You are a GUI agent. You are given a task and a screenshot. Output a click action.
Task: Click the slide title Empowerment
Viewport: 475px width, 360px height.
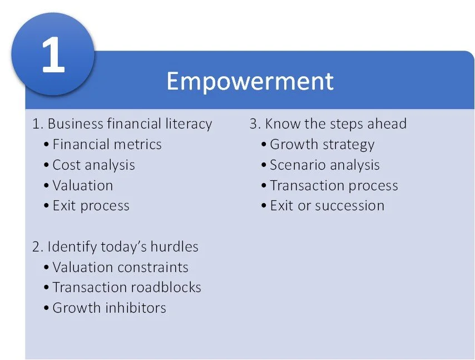click(x=250, y=81)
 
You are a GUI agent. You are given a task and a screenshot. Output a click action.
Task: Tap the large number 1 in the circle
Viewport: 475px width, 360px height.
click(x=53, y=55)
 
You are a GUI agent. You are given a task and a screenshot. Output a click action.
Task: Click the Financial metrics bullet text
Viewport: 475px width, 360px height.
click(x=107, y=144)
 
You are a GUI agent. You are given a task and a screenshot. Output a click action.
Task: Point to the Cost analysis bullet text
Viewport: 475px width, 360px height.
click(x=93, y=165)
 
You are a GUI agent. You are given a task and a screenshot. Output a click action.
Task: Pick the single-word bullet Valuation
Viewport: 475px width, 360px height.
click(x=83, y=185)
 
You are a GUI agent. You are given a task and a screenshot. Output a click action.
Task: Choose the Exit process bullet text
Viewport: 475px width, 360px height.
click(x=91, y=206)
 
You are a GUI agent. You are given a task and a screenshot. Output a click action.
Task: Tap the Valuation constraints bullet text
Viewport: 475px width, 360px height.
click(x=120, y=267)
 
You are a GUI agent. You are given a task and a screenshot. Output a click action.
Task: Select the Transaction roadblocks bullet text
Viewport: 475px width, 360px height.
click(x=127, y=288)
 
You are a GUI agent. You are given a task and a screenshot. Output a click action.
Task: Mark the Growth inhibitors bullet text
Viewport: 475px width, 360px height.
click(x=109, y=308)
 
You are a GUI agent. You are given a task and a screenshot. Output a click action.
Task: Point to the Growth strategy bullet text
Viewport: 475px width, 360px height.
click(x=322, y=145)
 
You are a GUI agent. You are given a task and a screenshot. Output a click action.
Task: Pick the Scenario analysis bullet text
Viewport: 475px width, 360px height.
click(x=325, y=165)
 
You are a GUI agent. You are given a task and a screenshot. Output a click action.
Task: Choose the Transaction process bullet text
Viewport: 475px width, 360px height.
click(x=334, y=186)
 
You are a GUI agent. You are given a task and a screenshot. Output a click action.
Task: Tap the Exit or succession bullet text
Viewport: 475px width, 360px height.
click(x=327, y=206)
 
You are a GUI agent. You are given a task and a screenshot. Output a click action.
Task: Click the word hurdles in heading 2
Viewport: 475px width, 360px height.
click(x=175, y=246)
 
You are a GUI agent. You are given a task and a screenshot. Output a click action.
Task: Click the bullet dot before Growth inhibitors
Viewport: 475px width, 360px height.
click(x=46, y=308)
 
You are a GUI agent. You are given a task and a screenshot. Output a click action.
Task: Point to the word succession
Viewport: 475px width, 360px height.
click(x=350, y=206)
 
